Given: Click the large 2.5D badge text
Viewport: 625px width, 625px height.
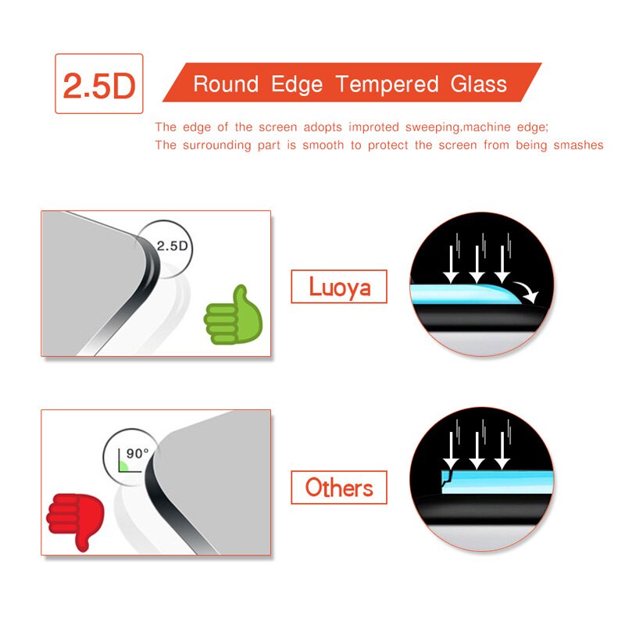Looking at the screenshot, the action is (x=99, y=86).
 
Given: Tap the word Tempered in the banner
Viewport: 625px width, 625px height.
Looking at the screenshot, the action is (x=387, y=84).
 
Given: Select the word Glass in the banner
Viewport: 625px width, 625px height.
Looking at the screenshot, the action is (x=478, y=84).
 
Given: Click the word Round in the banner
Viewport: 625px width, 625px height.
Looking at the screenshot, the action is (x=226, y=84).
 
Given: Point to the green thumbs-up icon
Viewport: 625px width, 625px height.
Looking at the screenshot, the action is (x=233, y=316).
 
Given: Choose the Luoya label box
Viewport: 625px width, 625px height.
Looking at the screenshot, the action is (x=339, y=287).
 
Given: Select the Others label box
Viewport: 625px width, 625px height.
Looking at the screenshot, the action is (x=339, y=487).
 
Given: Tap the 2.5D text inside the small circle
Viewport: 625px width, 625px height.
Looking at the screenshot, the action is (x=172, y=246).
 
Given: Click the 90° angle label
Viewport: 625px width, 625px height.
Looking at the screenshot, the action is (x=137, y=453).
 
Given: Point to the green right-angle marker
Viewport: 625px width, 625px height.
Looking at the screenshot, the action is (x=123, y=466).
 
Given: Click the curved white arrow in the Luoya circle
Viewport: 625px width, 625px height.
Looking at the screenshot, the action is (x=527, y=291).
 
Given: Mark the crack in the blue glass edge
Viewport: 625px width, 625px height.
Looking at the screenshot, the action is (x=447, y=477).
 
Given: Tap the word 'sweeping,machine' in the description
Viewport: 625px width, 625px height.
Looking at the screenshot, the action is (x=458, y=127).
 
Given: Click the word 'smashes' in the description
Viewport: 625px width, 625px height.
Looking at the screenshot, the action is (x=578, y=145).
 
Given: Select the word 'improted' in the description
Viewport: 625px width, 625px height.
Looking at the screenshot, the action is (x=373, y=127).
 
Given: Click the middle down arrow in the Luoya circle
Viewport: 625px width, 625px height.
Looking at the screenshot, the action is (x=477, y=264).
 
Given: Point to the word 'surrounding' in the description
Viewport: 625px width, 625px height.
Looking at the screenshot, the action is (x=217, y=145).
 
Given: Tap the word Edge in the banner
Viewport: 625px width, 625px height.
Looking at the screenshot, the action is (x=297, y=85).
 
